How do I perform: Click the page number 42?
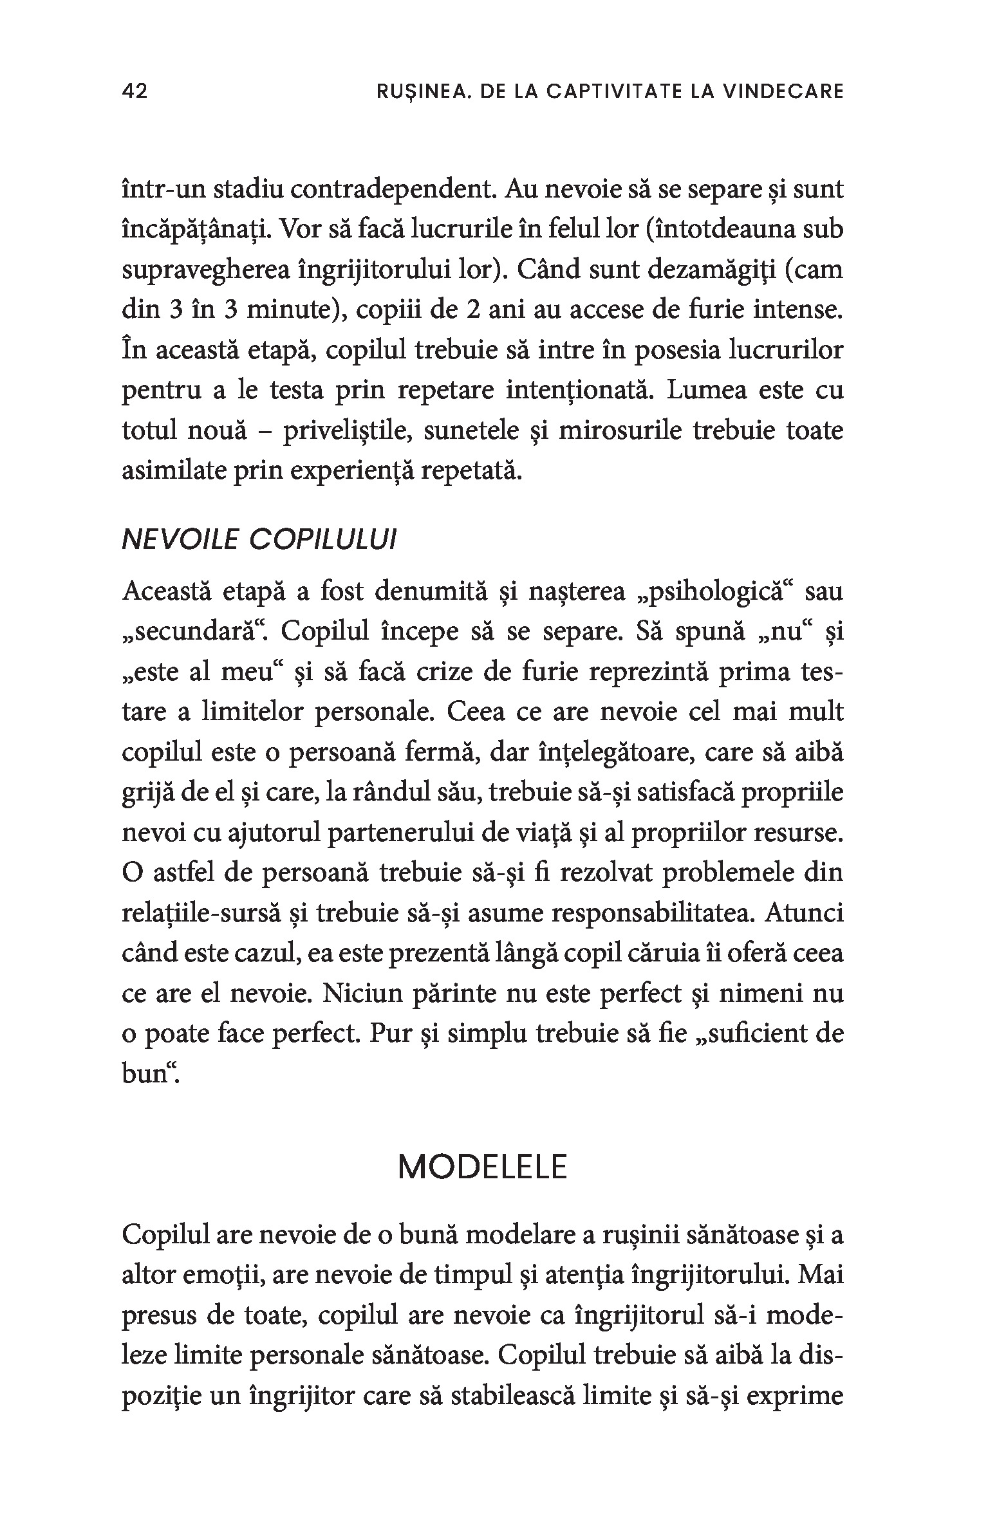135,91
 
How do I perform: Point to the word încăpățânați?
197,230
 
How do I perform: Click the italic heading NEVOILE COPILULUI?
259,541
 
